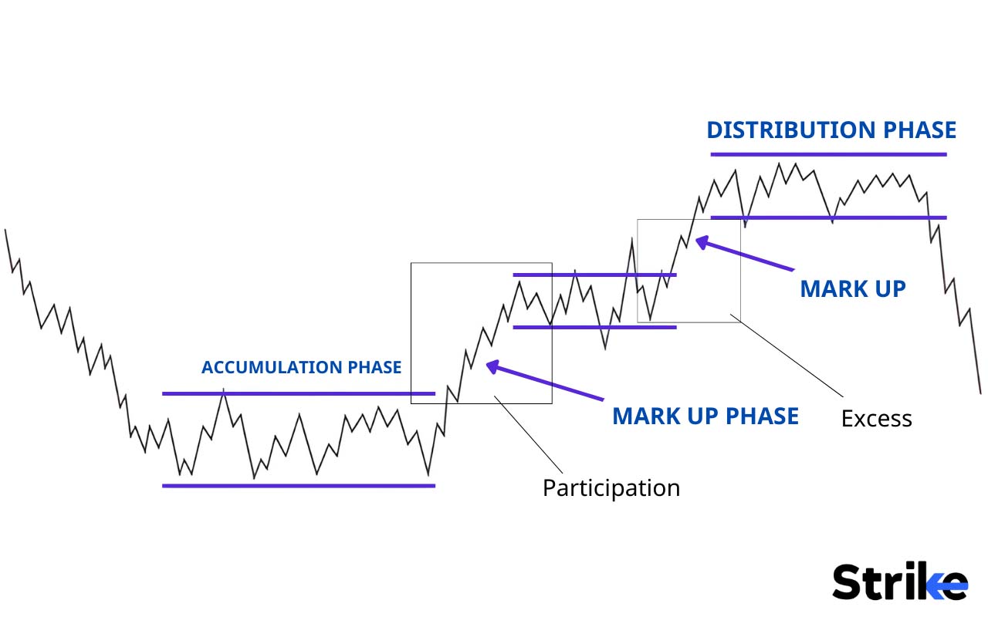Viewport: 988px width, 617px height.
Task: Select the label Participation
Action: pos(611,488)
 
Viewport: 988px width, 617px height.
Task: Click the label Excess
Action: pos(876,419)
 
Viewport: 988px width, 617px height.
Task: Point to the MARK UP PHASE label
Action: pos(705,416)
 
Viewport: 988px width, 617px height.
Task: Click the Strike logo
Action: pos(899,582)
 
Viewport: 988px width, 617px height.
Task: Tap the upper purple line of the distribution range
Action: pos(827,154)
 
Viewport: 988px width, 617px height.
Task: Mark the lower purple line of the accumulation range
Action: pos(299,486)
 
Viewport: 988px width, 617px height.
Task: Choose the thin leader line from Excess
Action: pos(791,355)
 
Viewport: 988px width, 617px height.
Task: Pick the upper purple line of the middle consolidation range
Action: pos(594,275)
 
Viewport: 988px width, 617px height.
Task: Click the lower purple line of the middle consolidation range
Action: pos(594,327)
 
